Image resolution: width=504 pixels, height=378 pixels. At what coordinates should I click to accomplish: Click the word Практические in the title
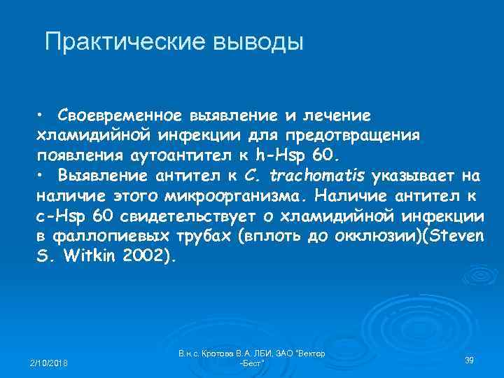pos(122,42)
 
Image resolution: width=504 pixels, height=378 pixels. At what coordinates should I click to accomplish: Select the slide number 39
pos(470,360)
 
